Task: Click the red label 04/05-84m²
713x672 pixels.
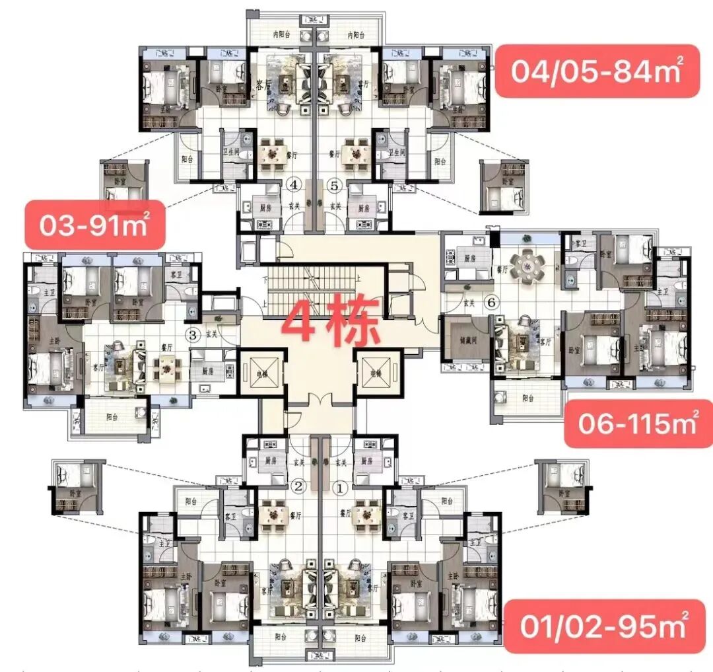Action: click(x=596, y=71)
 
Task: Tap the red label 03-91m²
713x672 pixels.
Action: click(x=94, y=225)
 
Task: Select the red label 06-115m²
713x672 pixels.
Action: click(x=638, y=423)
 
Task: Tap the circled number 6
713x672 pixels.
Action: click(x=489, y=303)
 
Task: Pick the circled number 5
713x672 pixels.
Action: click(x=335, y=185)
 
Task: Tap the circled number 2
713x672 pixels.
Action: click(x=298, y=488)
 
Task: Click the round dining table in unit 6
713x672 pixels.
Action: click(x=531, y=266)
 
